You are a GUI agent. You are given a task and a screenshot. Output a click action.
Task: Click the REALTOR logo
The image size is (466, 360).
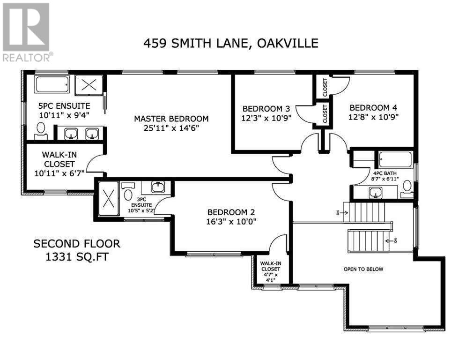click(26, 32)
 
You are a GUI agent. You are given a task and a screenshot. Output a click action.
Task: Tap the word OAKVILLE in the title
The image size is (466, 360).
click(288, 44)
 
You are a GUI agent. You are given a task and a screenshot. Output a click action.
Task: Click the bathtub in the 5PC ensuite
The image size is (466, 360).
click(52, 84)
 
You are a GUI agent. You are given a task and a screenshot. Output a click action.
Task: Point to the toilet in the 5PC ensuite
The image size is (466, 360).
click(41, 131)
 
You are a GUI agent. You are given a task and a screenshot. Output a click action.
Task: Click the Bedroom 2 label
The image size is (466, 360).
click(231, 212)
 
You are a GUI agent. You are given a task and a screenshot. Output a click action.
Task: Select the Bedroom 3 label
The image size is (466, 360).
click(266, 109)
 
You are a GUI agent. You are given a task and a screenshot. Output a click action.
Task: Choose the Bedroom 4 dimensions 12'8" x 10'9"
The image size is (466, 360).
click(373, 117)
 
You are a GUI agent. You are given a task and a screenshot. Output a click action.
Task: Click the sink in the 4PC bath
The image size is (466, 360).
click(375, 193)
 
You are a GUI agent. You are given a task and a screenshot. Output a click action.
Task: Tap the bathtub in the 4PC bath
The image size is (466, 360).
click(396, 159)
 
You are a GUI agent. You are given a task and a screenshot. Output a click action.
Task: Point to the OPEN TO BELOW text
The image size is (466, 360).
click(363, 269)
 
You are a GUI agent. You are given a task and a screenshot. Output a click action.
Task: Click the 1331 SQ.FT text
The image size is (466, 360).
click(77, 257)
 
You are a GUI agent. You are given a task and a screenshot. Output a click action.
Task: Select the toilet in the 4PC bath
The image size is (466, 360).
click(407, 189)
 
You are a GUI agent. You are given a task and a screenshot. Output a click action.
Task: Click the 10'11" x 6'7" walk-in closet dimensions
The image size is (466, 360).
click(59, 173)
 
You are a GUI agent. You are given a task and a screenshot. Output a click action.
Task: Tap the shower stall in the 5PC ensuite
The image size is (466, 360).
click(89, 85)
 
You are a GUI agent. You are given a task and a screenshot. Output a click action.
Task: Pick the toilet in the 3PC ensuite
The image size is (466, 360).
click(128, 192)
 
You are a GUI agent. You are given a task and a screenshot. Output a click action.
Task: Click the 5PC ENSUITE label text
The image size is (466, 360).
click(64, 106)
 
